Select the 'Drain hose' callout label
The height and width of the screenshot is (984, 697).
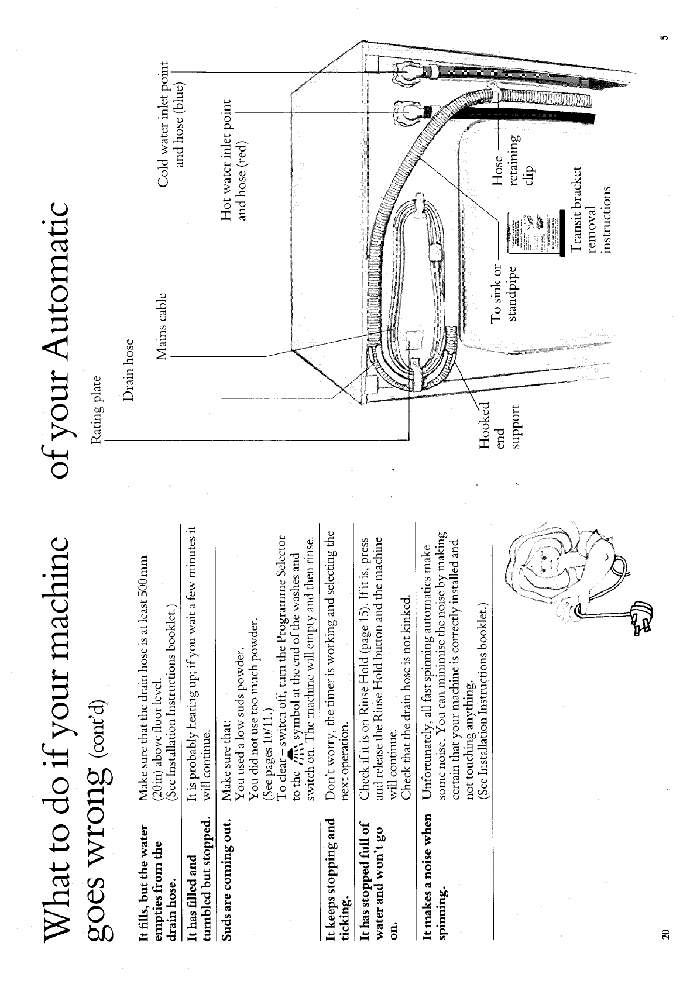pos(129,370)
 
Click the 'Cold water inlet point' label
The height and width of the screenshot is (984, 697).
pos(171,115)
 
